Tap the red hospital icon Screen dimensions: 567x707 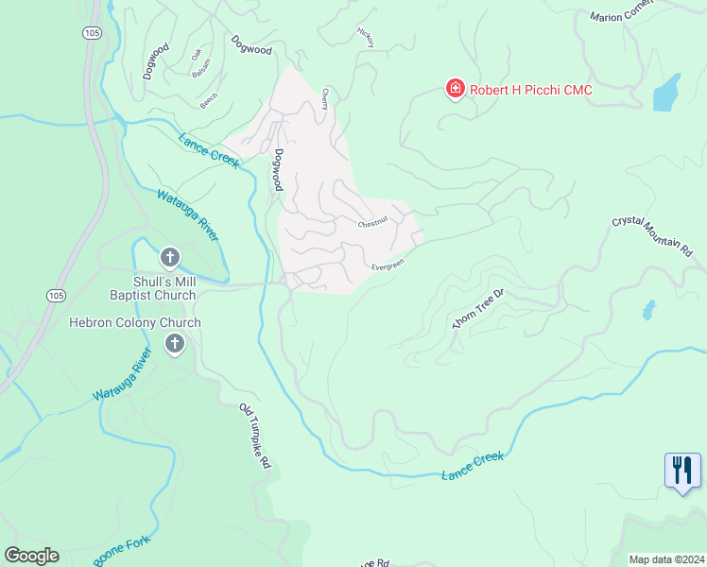(x=456, y=89)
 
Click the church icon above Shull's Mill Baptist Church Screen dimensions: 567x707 (x=170, y=257)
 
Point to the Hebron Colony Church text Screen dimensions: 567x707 (x=135, y=322)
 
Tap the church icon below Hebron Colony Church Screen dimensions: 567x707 (x=174, y=345)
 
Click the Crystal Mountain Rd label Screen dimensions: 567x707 (x=652, y=236)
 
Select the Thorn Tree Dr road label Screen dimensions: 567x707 (x=479, y=309)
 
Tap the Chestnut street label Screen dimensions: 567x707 (x=375, y=224)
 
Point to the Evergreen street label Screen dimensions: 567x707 (x=388, y=266)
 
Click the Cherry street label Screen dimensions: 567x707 (x=325, y=98)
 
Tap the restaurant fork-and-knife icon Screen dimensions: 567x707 (x=682, y=470)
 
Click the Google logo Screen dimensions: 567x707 (x=31, y=556)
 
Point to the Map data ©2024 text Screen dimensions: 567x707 (x=665, y=559)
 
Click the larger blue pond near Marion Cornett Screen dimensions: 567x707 (x=667, y=93)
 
